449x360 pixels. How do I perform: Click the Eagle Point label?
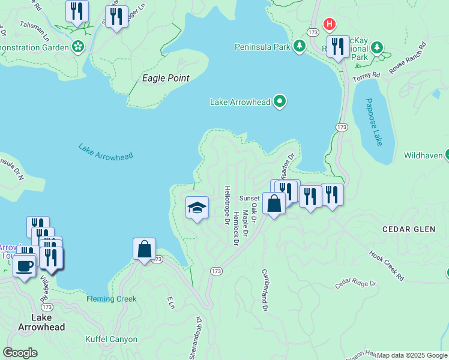coord(166,78)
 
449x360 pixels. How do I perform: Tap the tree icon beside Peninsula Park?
coord(300,46)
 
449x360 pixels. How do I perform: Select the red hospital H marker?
coord(330,24)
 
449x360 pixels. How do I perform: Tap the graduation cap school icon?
coord(197,208)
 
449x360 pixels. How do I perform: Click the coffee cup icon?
coord(25,266)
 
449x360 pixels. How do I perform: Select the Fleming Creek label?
coord(112,299)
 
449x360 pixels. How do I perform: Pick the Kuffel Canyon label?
coord(111,339)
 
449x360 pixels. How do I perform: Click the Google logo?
coord(20,353)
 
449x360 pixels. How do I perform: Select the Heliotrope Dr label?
coord(228,205)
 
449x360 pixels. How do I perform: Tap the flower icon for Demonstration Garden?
coord(77,46)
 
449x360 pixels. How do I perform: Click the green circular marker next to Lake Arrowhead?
coord(279,102)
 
